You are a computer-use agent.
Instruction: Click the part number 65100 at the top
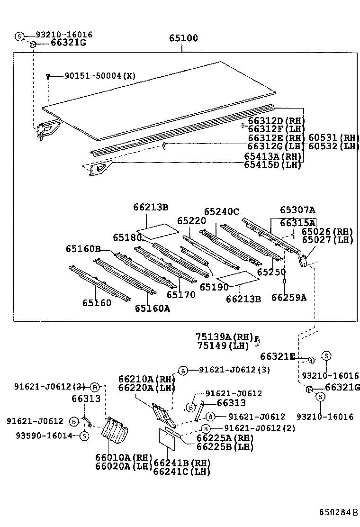tap(184, 38)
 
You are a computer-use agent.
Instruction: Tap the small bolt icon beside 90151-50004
tap(48, 76)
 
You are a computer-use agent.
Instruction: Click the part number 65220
tap(191, 220)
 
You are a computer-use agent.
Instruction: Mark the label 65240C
tap(222, 211)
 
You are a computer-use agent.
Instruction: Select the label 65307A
tap(297, 210)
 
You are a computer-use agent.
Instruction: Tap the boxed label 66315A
tap(297, 222)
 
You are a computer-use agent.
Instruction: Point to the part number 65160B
tap(83, 249)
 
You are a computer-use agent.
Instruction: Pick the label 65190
tap(214, 287)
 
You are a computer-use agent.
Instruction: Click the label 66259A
tap(289, 297)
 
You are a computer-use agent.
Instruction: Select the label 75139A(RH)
tap(224, 336)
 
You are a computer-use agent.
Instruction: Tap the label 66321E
tap(278, 356)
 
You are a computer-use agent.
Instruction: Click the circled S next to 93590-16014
tap(84, 436)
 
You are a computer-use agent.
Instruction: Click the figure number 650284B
tap(338, 512)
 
